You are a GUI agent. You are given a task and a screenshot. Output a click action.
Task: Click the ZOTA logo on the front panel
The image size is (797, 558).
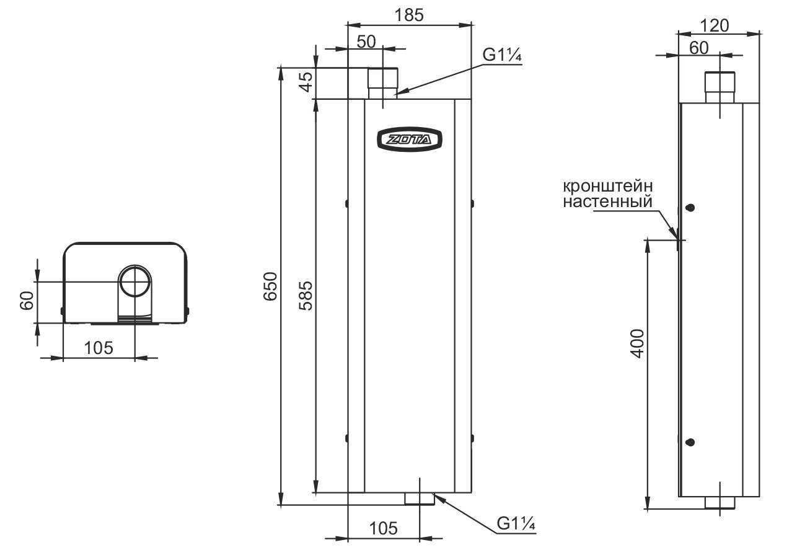410,139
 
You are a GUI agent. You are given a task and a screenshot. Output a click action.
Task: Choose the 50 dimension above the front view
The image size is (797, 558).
366,42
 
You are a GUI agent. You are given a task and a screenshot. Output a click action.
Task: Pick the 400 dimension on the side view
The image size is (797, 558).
638,342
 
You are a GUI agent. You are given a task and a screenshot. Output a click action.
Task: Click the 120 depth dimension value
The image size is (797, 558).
714,25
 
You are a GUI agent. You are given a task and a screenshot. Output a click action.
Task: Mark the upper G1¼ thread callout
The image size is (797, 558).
503,55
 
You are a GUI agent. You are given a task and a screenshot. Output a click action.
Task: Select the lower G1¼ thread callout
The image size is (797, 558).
516,525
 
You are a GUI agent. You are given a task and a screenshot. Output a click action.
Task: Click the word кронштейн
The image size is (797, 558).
608,186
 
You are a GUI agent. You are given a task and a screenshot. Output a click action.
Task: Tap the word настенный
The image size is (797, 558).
608,201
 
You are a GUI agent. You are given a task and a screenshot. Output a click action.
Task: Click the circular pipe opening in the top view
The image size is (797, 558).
134,281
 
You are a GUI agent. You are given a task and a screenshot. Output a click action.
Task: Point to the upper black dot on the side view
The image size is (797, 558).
690,208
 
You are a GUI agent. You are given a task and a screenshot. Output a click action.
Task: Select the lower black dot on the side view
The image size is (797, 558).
690,442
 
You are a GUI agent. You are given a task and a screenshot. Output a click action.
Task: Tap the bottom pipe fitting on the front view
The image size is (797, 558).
420,498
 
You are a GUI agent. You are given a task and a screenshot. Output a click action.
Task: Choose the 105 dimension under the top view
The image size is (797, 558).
99,348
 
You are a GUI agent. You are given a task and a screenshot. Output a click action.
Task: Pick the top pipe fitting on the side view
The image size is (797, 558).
720,87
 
